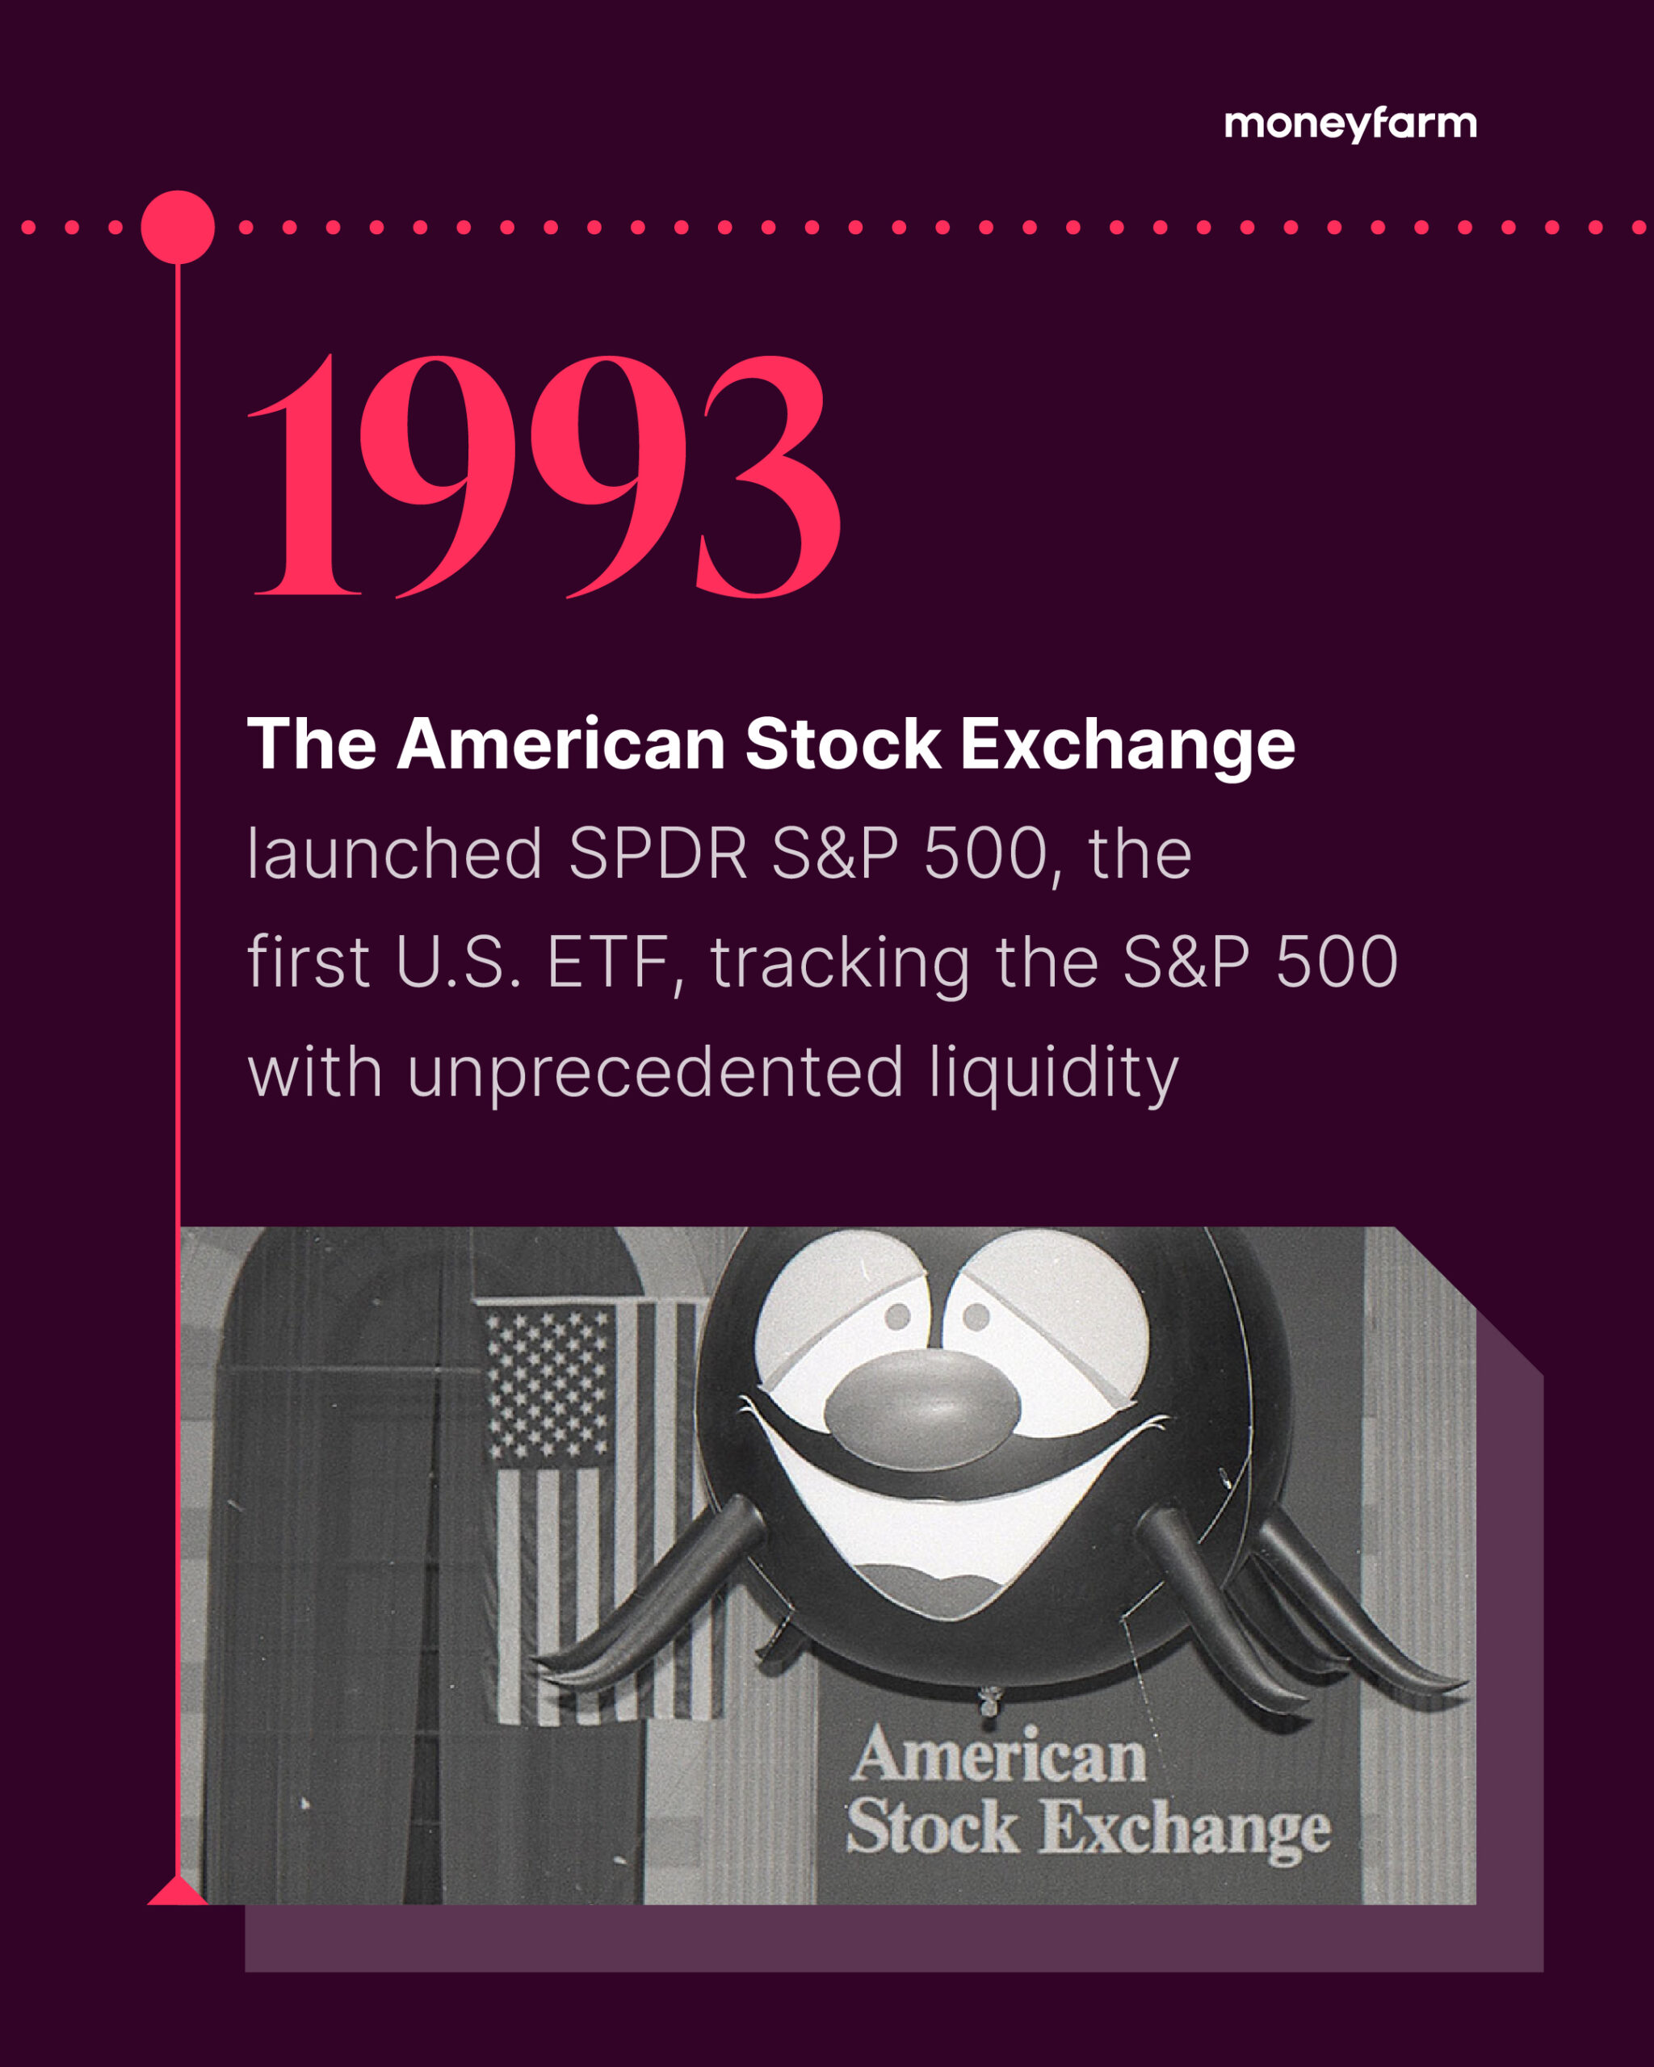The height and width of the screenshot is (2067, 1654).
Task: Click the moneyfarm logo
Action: tap(1350, 124)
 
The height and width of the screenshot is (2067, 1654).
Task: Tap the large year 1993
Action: tap(544, 476)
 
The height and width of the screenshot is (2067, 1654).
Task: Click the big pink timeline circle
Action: tap(178, 227)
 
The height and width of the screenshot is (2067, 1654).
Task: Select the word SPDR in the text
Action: tap(657, 853)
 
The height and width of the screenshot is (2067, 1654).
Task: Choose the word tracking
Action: tap(840, 963)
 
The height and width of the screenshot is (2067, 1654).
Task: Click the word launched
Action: tap(395, 853)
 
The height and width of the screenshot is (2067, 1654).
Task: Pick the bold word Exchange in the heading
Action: tap(1128, 745)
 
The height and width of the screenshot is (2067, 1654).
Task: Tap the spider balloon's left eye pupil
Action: tap(897, 1316)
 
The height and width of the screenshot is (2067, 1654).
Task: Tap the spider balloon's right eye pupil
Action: tap(976, 1316)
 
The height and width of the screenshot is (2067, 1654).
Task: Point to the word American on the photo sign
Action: tap(999, 1757)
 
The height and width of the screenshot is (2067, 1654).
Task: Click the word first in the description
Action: tap(308, 962)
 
